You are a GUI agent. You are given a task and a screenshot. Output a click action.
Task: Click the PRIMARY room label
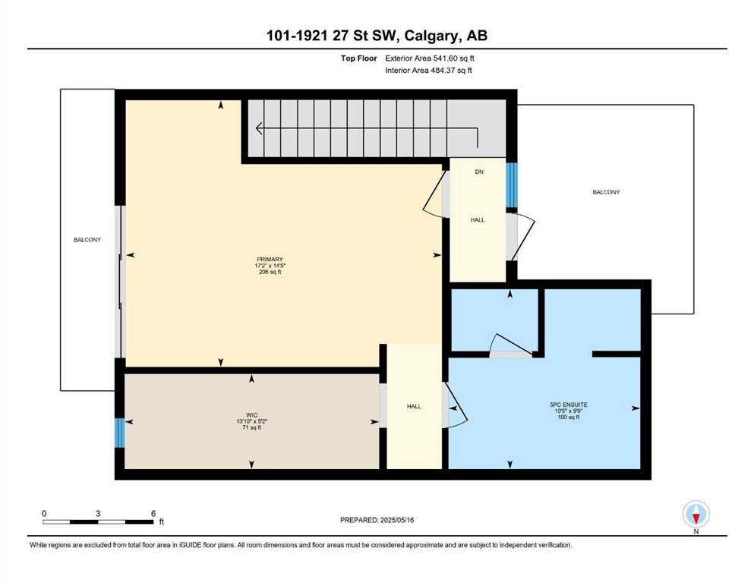click(270, 260)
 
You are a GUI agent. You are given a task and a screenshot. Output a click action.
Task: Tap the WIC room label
click(251, 415)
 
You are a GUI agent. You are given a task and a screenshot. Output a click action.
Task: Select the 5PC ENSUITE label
click(569, 405)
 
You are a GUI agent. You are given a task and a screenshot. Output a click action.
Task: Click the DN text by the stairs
click(479, 172)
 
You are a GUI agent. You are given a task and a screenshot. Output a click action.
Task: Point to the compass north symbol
click(696, 514)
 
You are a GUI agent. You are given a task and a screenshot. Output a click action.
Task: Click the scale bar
click(98, 522)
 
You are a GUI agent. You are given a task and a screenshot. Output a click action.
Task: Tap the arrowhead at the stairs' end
click(259, 129)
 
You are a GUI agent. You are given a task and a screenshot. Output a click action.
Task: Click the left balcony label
click(87, 240)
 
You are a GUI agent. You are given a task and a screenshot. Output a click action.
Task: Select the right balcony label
click(606, 192)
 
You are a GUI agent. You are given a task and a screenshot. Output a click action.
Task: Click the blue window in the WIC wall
click(119, 433)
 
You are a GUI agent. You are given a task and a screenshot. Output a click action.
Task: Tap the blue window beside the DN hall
click(512, 185)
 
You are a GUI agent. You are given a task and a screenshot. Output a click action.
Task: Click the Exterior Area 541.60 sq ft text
click(430, 58)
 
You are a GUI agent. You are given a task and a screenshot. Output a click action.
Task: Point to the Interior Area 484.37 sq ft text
click(428, 70)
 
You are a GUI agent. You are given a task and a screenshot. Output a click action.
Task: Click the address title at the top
click(377, 36)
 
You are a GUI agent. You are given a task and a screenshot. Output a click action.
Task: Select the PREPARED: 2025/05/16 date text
click(377, 520)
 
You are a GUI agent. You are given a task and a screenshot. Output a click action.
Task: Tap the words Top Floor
click(358, 58)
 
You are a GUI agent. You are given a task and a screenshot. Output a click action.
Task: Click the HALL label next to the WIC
click(414, 407)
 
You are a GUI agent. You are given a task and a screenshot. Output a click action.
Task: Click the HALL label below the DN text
click(478, 220)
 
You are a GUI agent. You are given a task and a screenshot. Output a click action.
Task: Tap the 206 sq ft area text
click(270, 272)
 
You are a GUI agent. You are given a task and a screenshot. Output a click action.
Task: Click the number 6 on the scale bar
click(153, 513)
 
